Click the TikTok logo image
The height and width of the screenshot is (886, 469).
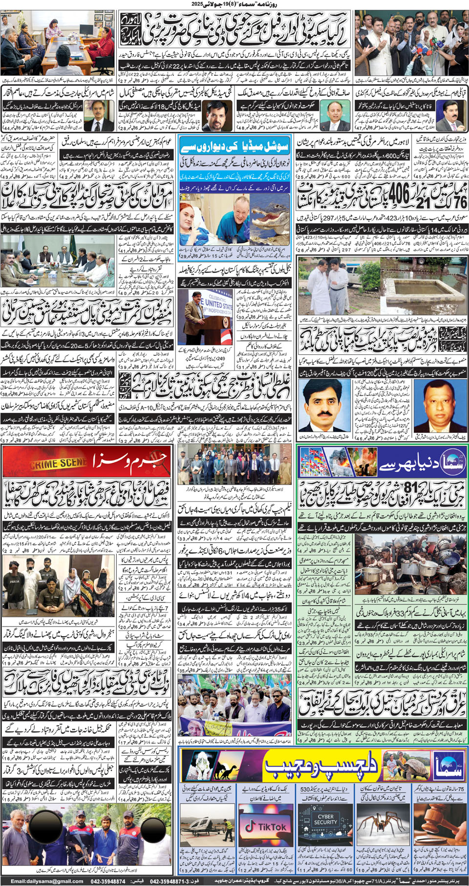(266, 826)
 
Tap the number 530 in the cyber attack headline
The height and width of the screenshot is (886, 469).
(305, 790)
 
